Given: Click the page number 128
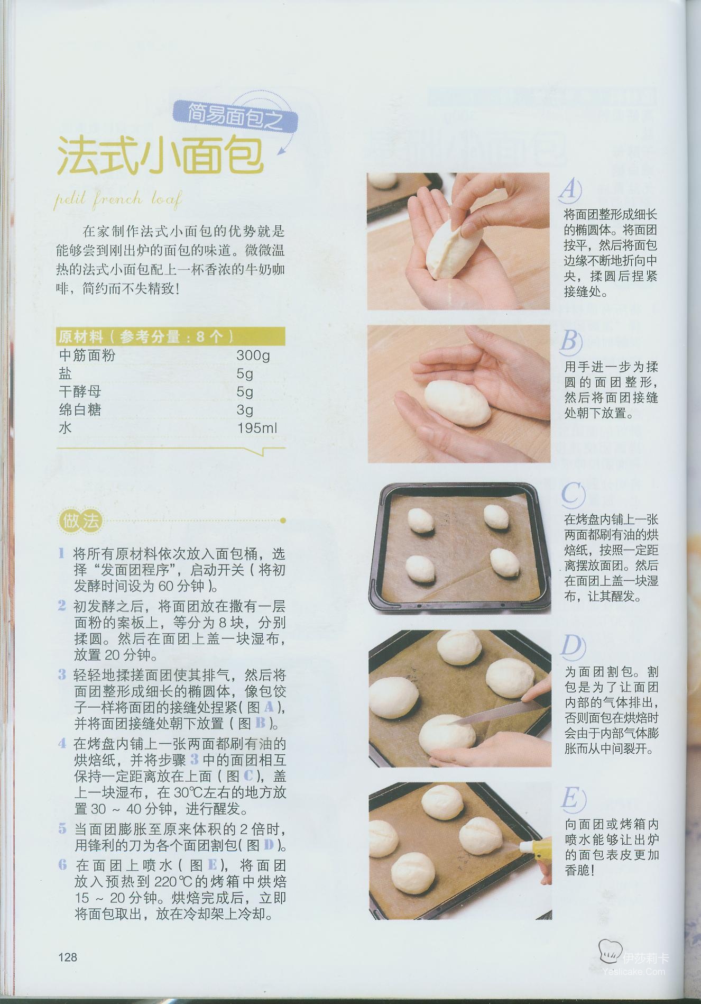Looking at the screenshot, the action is [x=68, y=957].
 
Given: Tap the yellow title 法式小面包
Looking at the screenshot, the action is [x=160, y=156].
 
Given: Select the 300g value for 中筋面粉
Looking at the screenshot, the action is [x=253, y=355].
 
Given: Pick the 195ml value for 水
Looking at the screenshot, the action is [x=257, y=428].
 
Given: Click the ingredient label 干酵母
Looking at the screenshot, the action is [x=80, y=391].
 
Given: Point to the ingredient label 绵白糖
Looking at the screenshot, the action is [x=80, y=410].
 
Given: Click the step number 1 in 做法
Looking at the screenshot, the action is [x=62, y=554].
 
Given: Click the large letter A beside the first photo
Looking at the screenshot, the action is [x=570, y=189].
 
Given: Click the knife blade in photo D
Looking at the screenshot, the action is [x=489, y=711].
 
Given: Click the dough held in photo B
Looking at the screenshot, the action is [x=458, y=400].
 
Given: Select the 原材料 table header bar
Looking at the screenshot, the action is [x=170, y=336].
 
